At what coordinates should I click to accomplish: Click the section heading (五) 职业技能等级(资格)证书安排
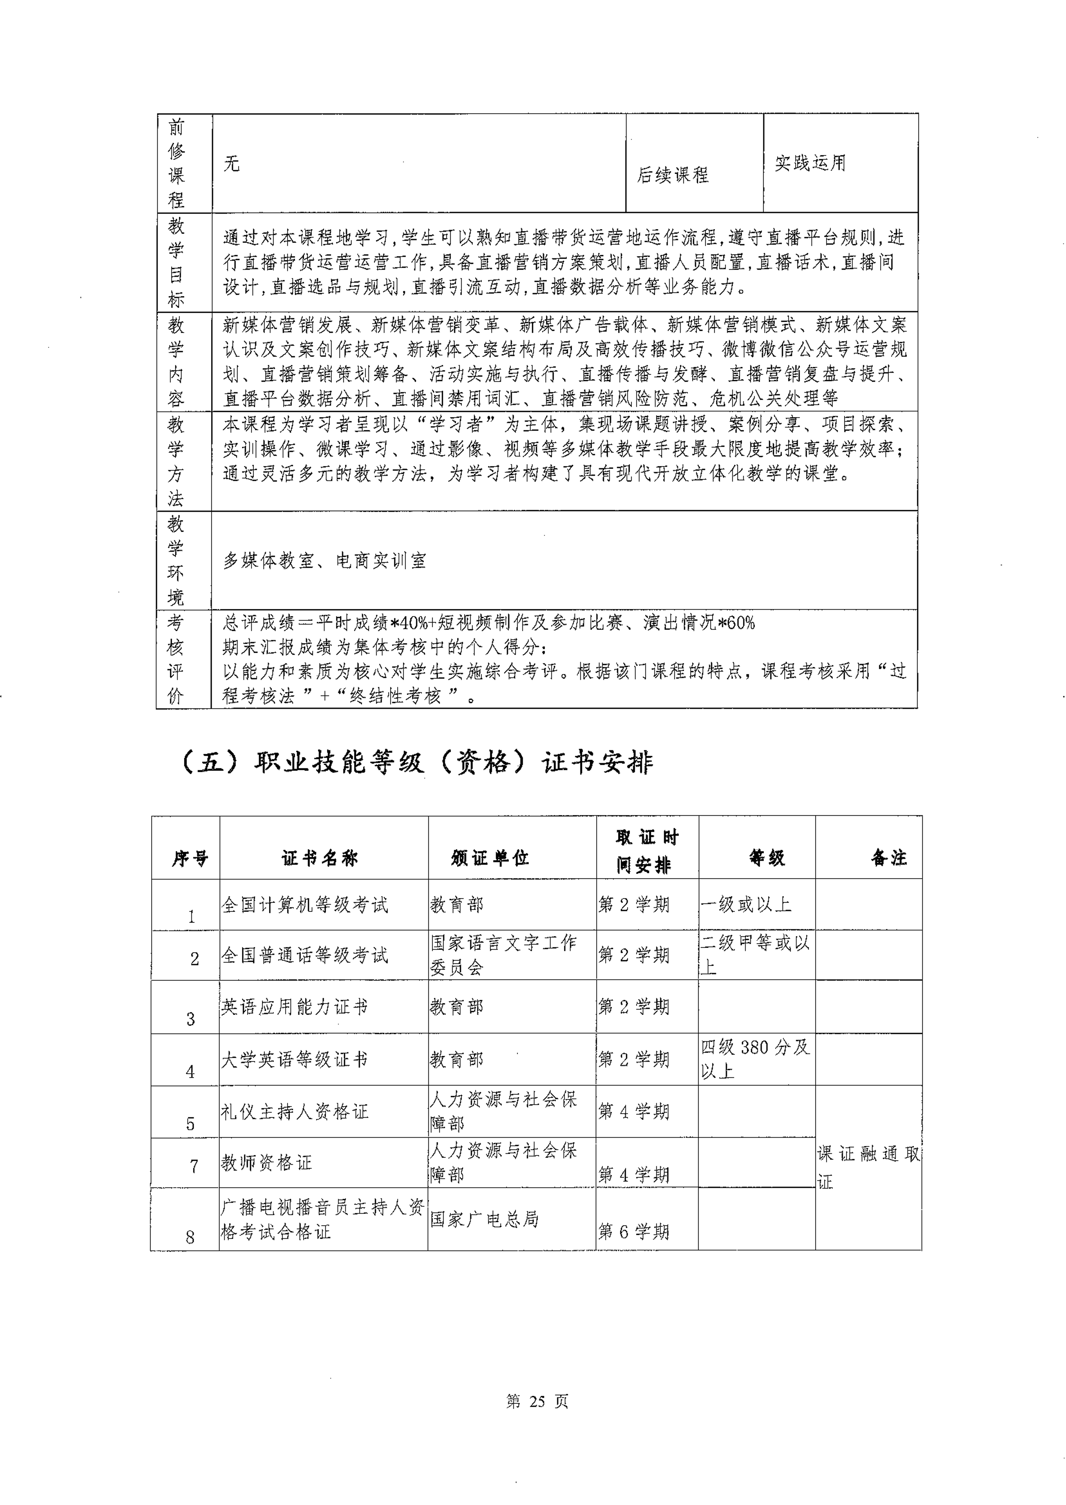tap(416, 763)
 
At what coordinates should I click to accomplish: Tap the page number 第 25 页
tap(537, 1401)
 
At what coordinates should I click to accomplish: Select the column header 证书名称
tap(320, 858)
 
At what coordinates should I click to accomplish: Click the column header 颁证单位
tap(490, 858)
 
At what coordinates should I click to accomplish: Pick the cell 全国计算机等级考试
tap(305, 905)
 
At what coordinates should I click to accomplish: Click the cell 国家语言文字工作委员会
tap(504, 955)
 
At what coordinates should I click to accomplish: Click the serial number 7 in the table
tap(194, 1166)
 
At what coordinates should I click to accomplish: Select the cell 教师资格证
tap(267, 1163)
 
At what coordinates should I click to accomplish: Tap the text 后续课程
tap(672, 175)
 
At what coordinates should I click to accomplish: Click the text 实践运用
tap(810, 163)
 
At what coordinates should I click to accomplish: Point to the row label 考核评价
tap(175, 659)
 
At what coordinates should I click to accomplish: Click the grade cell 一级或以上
tap(746, 904)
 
